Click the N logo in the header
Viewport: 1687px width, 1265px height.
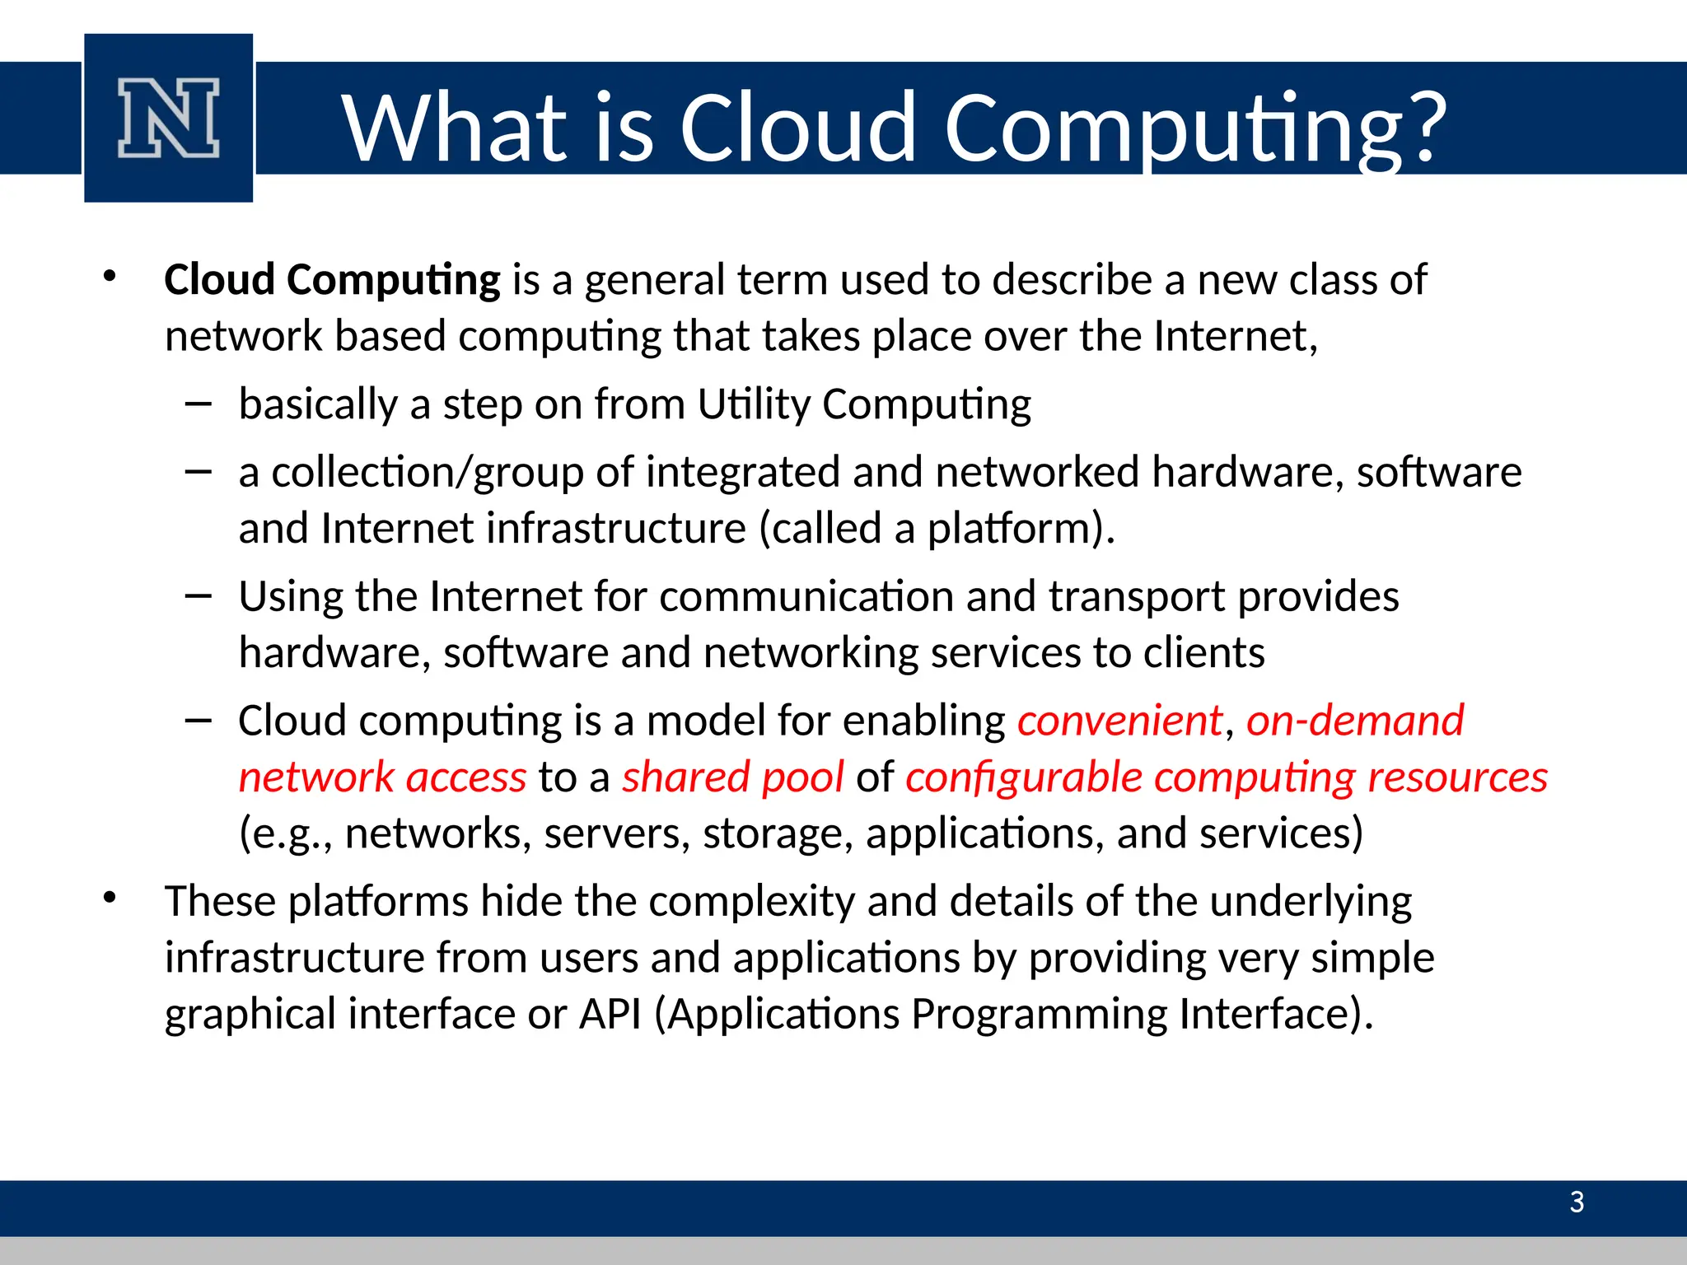point(169,118)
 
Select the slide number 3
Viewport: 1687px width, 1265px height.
point(1577,1202)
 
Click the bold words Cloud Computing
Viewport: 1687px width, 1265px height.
point(332,280)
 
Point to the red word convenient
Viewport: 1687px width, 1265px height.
point(1119,721)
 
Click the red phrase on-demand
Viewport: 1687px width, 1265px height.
point(1355,721)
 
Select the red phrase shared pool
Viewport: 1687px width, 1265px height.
point(732,777)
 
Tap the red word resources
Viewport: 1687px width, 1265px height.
point(1457,777)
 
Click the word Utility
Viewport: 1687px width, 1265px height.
point(754,405)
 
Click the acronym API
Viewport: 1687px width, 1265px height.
point(610,1014)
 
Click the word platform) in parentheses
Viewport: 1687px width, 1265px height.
point(1021,529)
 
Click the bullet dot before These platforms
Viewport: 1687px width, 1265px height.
point(110,898)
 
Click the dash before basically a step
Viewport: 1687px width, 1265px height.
point(199,404)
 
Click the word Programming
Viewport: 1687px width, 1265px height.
point(1039,1014)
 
